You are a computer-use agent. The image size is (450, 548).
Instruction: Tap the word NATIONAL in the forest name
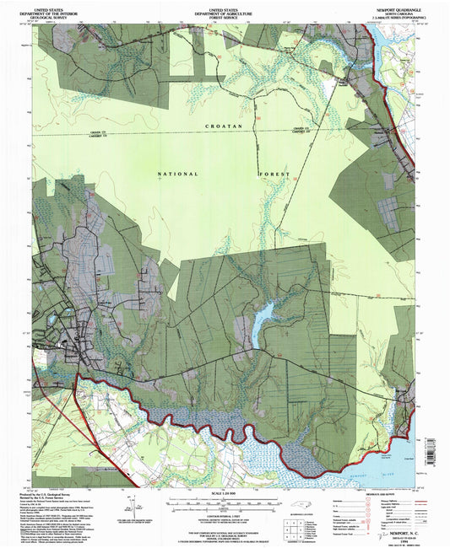178,175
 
